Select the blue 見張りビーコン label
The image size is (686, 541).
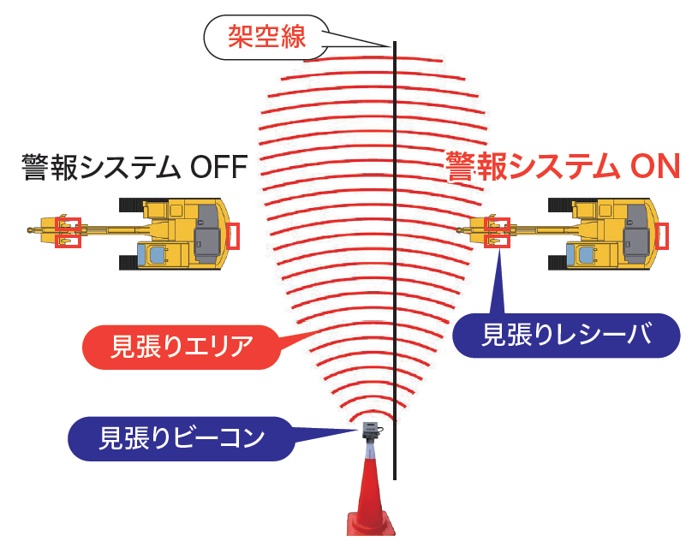181,437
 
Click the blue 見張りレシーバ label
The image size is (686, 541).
565,335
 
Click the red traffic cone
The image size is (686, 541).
369,496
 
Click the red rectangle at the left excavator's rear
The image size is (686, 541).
234,235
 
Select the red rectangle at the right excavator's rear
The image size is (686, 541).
661,235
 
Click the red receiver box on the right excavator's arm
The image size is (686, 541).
496,232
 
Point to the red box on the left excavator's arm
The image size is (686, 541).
68,232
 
